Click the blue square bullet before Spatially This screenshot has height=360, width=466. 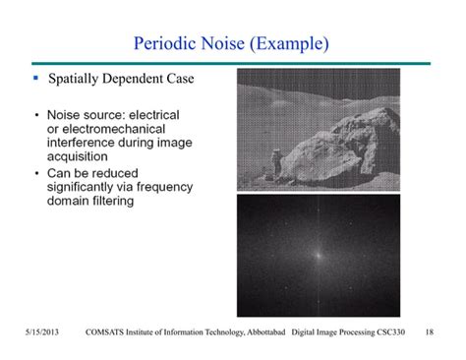pos(35,77)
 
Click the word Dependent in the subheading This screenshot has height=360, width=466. pos(149,78)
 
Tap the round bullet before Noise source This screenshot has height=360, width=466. pos(36,114)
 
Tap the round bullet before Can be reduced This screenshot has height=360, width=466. pos(36,173)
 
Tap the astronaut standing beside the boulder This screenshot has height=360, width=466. pos(279,163)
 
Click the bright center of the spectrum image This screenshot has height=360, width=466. pos(317,253)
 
